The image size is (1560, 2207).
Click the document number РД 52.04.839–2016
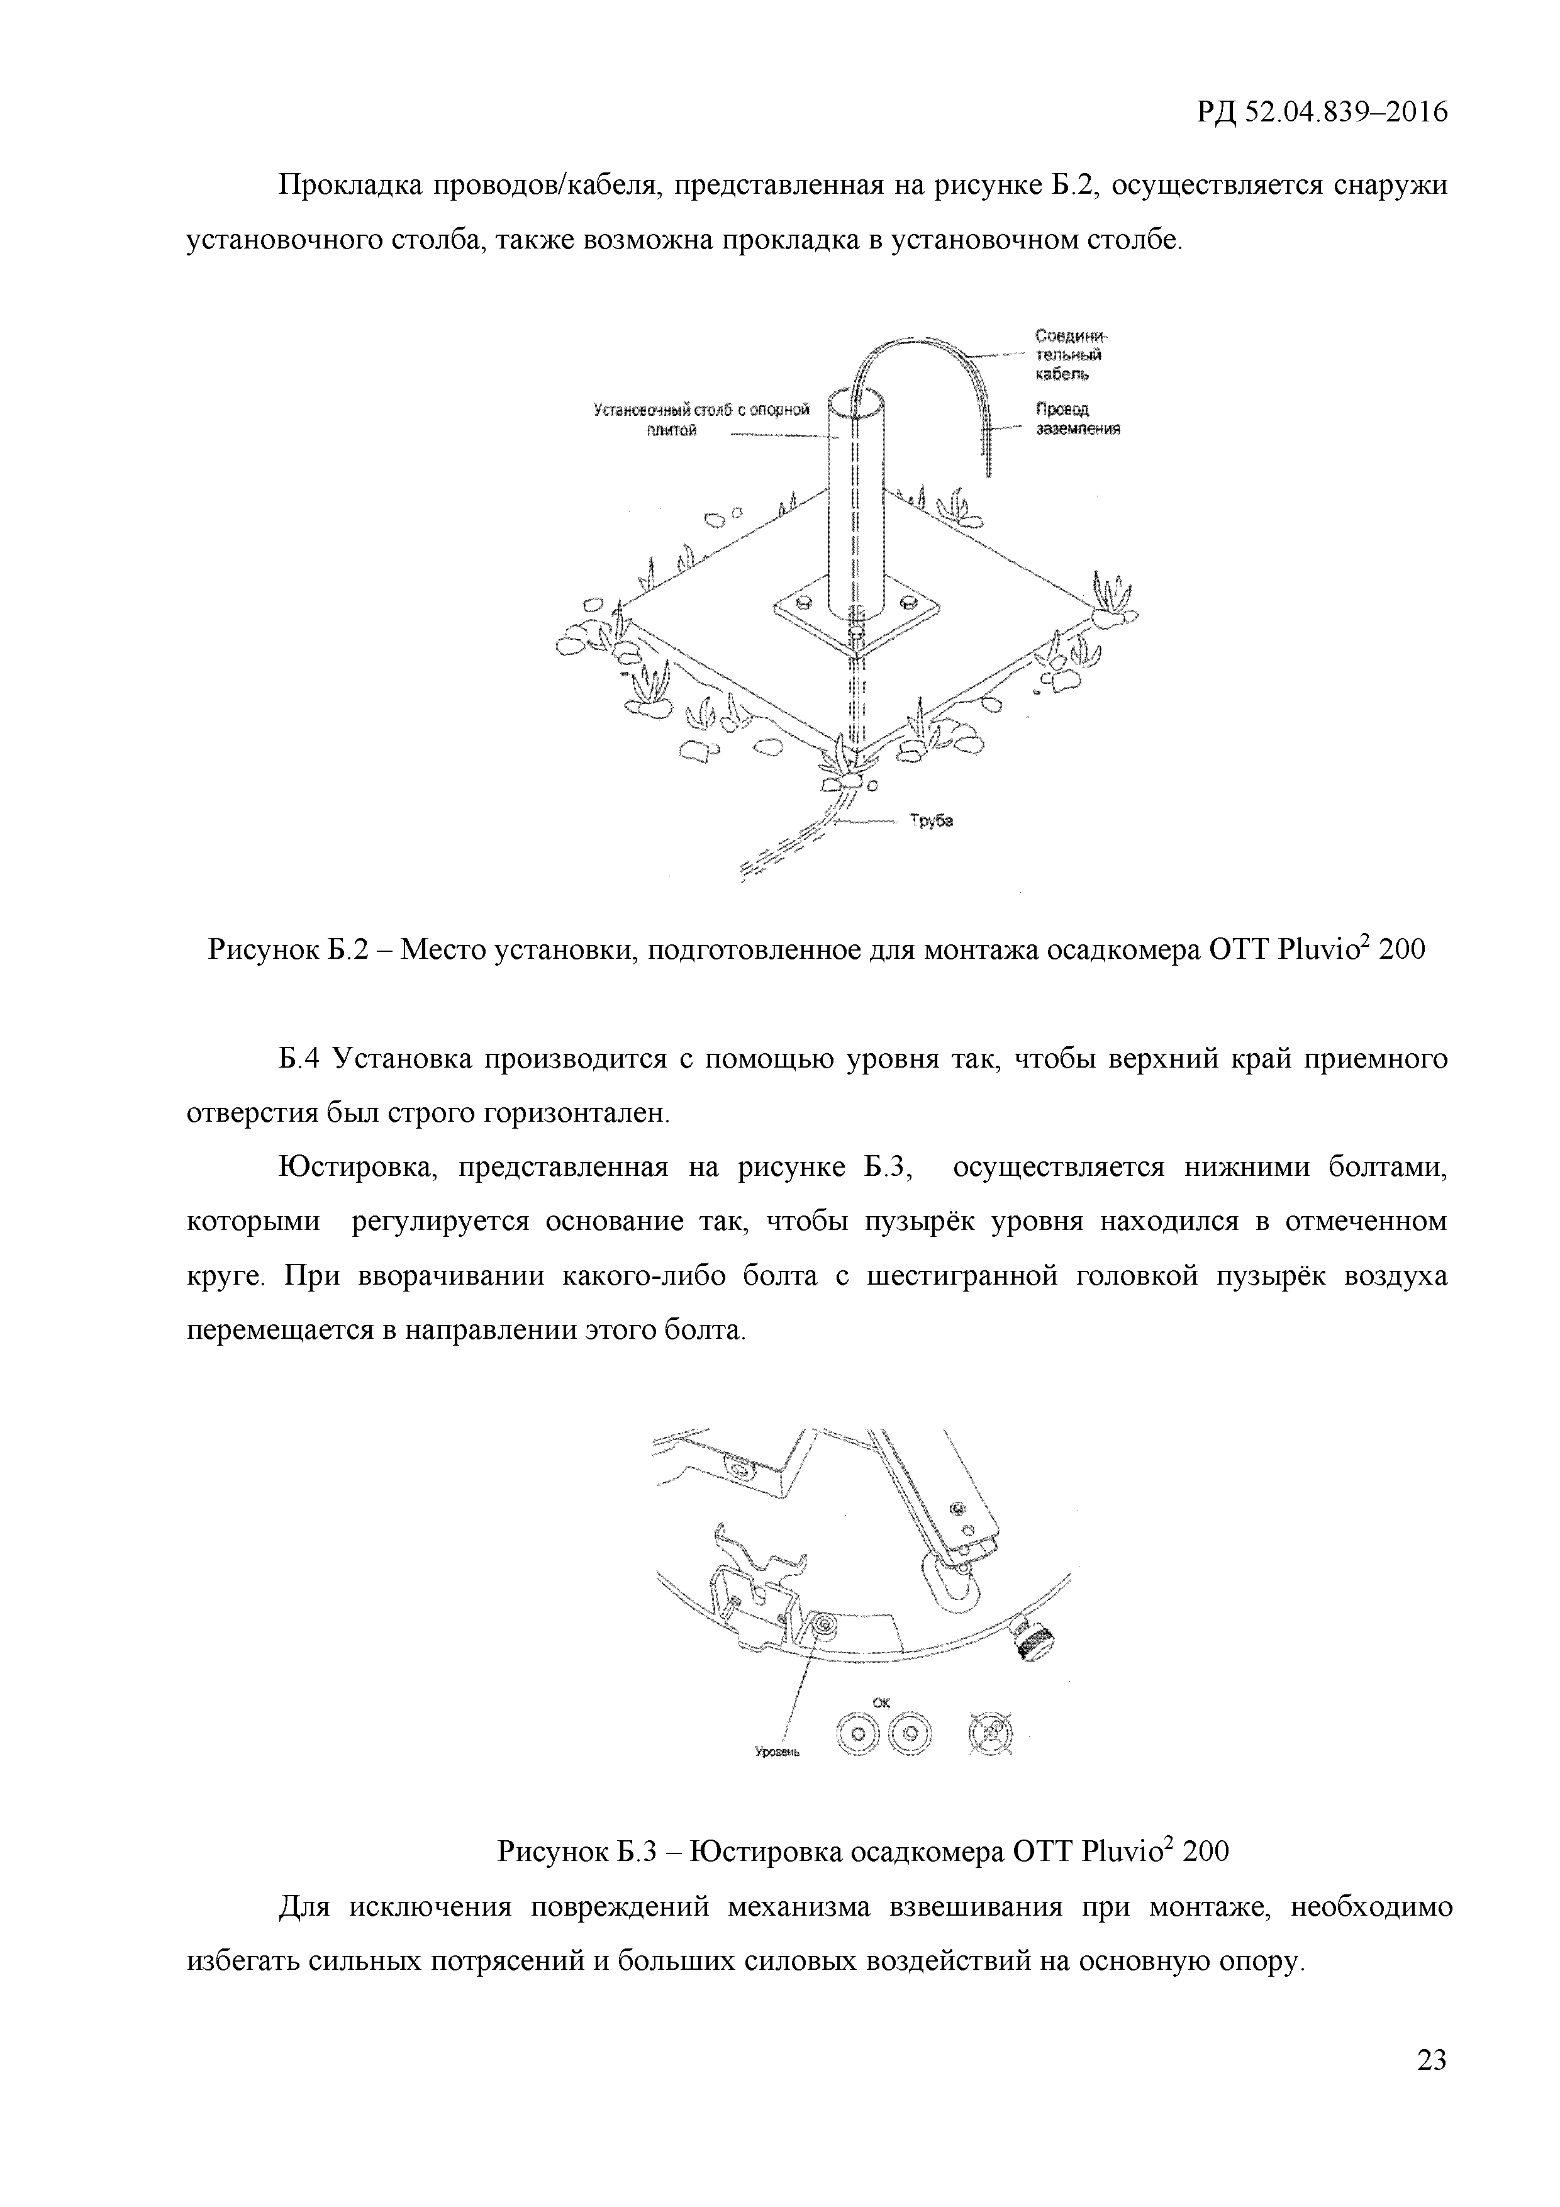point(1322,113)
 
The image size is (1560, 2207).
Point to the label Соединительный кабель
point(1071,355)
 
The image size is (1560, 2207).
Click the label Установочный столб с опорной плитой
point(701,420)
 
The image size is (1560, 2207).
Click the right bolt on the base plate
point(905,604)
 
